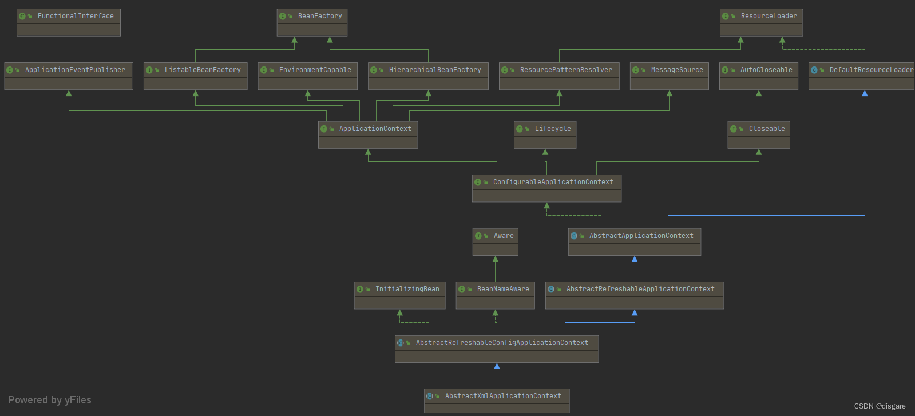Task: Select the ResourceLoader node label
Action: pos(769,16)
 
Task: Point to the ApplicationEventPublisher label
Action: pos(75,70)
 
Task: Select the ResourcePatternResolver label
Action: pos(566,70)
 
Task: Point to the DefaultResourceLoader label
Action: pos(871,70)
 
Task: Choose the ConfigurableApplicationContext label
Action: pos(553,182)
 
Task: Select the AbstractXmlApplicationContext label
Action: pos(503,396)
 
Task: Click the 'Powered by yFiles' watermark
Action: pos(50,400)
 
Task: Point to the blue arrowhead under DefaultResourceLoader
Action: pos(865,93)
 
